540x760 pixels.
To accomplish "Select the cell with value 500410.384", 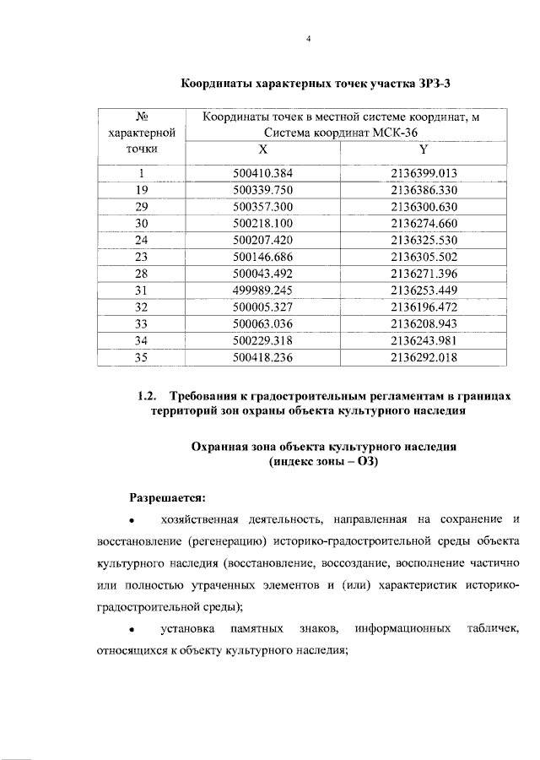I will [262, 174].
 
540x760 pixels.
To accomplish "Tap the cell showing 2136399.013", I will [424, 174].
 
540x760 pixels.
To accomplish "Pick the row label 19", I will [142, 191].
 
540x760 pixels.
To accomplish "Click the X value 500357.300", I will [262, 207].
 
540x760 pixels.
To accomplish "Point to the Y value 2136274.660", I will [424, 224].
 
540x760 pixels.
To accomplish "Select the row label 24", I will [142, 241].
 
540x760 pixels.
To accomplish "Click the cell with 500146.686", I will [262, 258].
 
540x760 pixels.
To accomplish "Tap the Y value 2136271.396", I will [424, 274].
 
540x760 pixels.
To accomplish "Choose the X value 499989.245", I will [262, 290].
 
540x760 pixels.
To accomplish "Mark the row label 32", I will [142, 307].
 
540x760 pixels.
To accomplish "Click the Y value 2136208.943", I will [424, 324].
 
